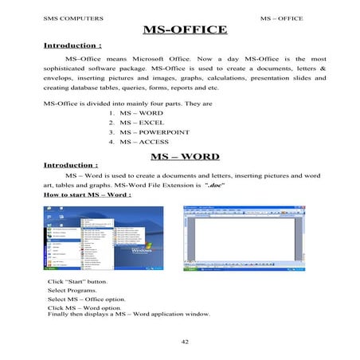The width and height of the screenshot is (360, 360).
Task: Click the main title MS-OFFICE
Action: coord(184,30)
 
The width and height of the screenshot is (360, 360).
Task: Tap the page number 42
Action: coord(186,341)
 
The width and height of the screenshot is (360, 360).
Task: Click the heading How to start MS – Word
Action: coord(88,194)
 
